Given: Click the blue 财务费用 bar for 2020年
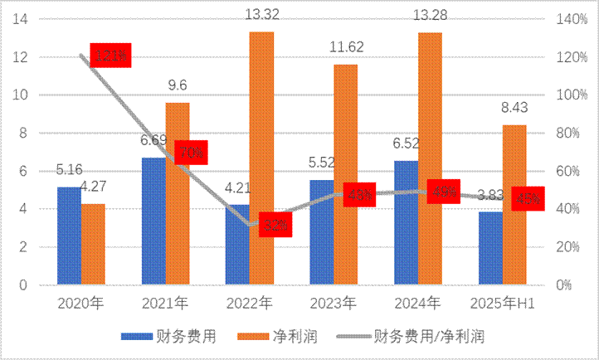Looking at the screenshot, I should (x=69, y=236).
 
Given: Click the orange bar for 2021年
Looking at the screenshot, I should (x=178, y=193).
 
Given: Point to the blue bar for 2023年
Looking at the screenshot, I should (x=322, y=232).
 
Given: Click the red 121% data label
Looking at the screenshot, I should (x=110, y=56).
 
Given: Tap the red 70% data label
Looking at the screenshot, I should (x=192, y=153).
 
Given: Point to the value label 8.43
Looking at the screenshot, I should (x=514, y=108).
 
